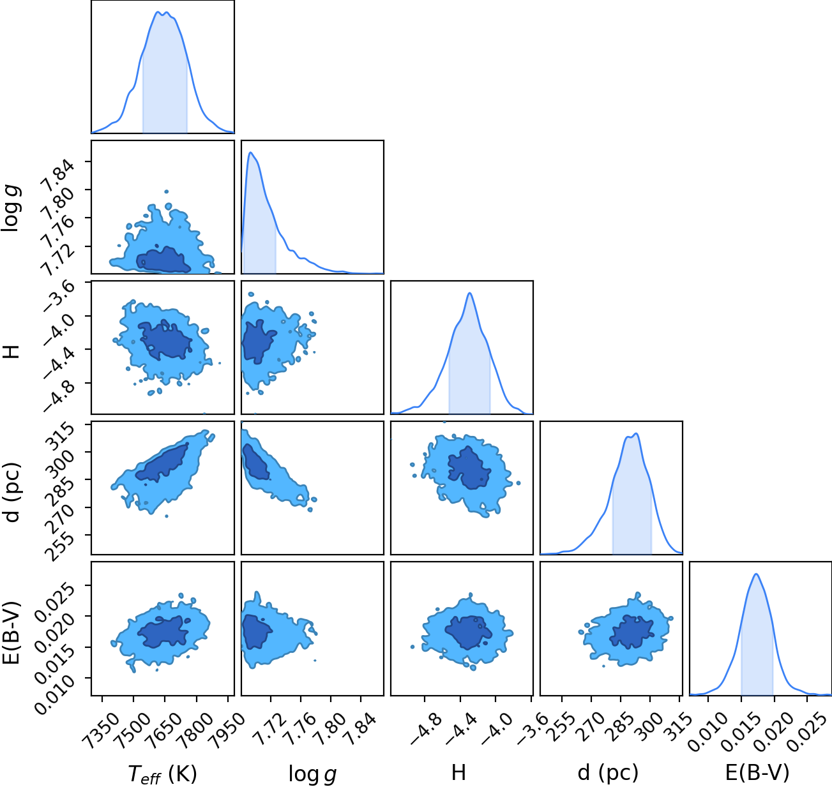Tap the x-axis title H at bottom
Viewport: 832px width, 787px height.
[458, 772]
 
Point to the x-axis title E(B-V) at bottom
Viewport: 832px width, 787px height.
[757, 773]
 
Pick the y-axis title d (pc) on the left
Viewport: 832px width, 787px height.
[11, 493]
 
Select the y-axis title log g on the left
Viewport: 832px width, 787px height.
[11, 208]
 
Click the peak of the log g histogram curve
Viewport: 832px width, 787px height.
[250, 153]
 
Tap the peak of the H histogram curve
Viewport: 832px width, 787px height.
[469, 293]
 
